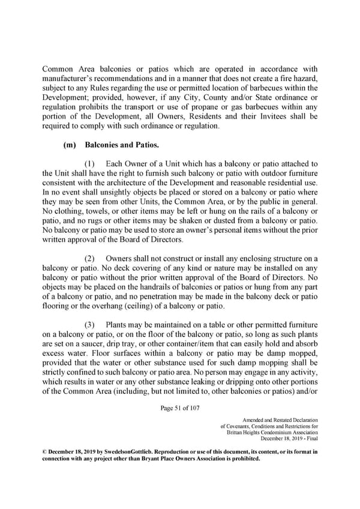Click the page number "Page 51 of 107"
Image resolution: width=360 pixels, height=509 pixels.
pos(179,409)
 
